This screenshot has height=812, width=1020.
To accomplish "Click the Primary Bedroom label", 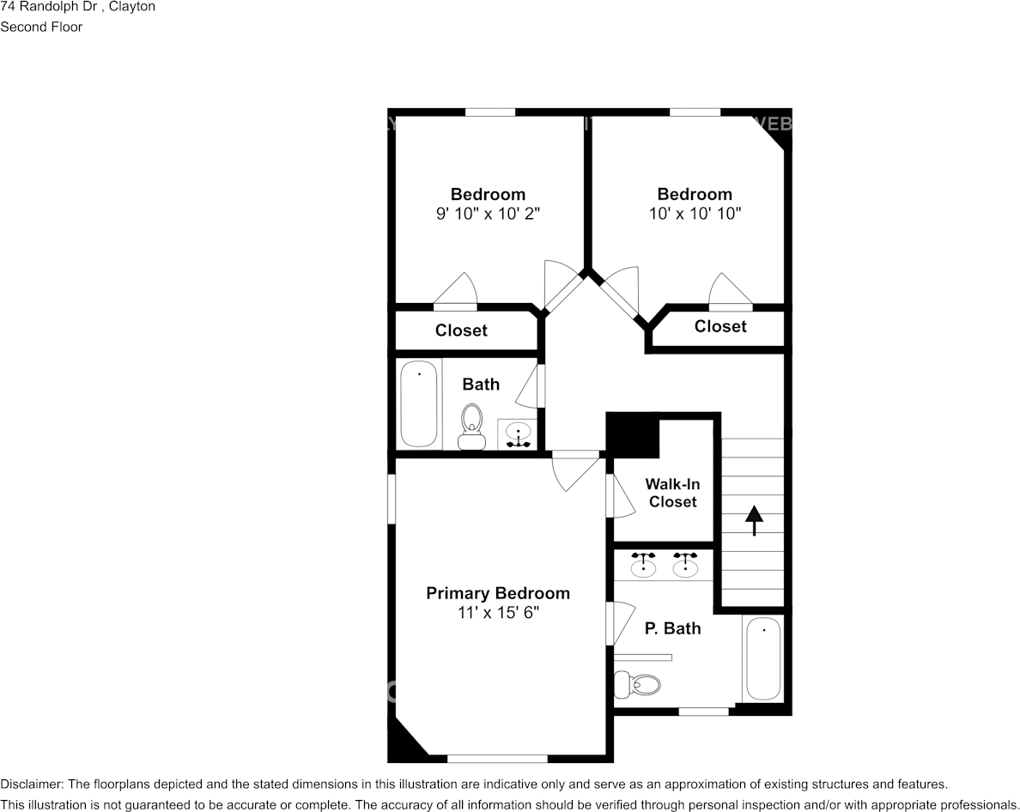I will click(x=498, y=593).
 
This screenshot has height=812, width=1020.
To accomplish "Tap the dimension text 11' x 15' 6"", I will click(x=498, y=613).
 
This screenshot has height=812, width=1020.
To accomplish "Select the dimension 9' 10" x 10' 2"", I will click(x=488, y=213).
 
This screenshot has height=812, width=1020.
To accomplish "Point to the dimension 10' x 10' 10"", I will click(x=695, y=213).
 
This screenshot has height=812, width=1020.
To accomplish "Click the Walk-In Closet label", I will click(x=672, y=493).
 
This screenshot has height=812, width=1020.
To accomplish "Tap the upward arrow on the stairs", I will click(x=754, y=520).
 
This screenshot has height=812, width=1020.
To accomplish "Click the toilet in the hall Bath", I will click(x=471, y=425).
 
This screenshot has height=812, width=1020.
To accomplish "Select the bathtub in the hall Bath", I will click(x=419, y=403).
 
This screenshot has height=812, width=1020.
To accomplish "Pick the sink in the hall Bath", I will click(x=519, y=433).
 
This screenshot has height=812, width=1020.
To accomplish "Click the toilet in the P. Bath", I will click(x=637, y=685).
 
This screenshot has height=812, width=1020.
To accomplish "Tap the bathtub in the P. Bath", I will click(x=763, y=658).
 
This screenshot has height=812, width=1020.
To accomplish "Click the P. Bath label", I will click(x=672, y=628).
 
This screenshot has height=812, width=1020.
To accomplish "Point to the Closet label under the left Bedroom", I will click(x=461, y=330).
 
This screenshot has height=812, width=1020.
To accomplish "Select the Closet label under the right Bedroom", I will click(x=720, y=326).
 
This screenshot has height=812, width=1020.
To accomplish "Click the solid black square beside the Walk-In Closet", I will click(x=633, y=435).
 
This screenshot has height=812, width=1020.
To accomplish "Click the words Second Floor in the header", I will click(x=41, y=27).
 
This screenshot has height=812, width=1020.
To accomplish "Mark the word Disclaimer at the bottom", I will click(x=30, y=785).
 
